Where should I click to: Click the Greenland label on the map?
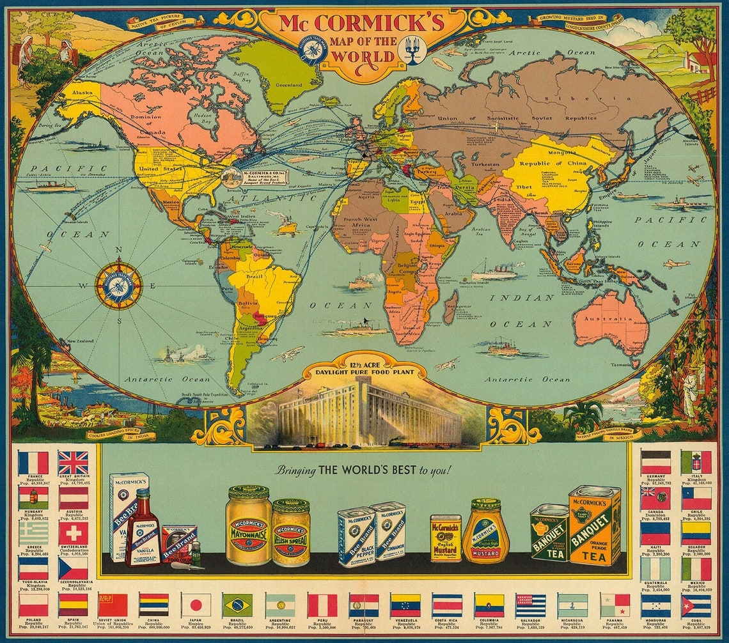(289, 84)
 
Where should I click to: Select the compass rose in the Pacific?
(118, 286)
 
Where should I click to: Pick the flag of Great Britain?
(73, 462)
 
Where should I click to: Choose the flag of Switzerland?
(73, 534)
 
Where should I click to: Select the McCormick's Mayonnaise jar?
(249, 525)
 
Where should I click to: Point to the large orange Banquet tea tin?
(594, 525)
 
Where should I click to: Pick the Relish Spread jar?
(291, 532)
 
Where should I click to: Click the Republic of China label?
(543, 164)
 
